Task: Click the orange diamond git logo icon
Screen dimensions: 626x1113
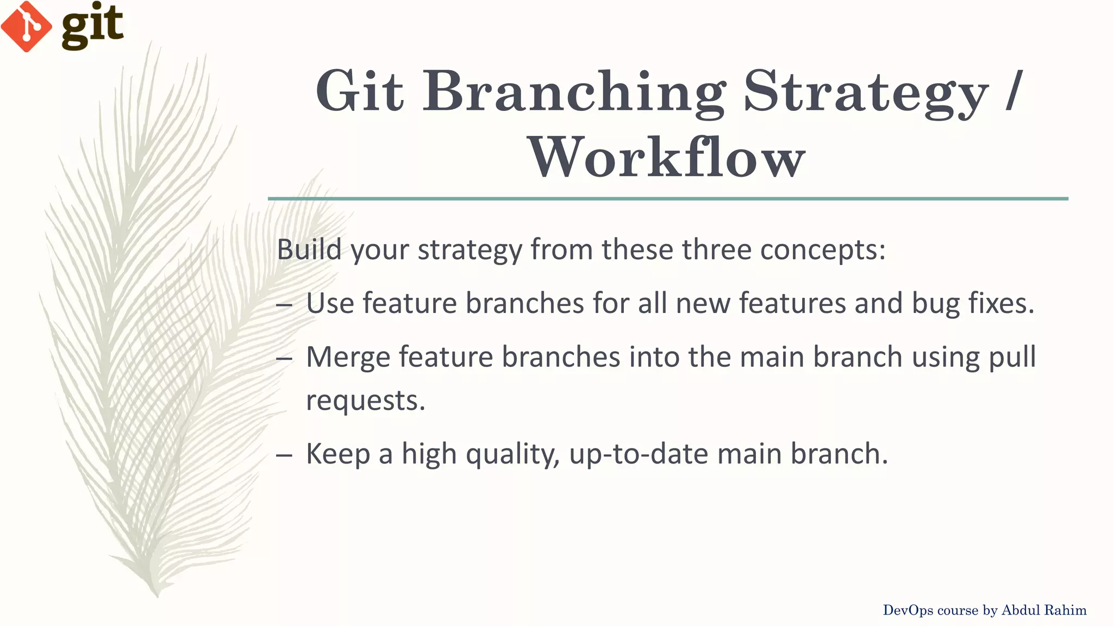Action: pyautogui.click(x=26, y=26)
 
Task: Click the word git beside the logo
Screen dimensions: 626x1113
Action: pyautogui.click(x=92, y=26)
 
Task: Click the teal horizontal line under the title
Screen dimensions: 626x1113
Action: pyautogui.click(x=667, y=199)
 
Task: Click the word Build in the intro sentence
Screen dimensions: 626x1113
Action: pyautogui.click(x=309, y=249)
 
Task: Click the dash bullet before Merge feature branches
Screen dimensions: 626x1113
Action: pyautogui.click(x=284, y=359)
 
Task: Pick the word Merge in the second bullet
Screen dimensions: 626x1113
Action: pyautogui.click(x=348, y=357)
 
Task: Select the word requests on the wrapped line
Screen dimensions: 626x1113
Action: pyautogui.click(x=365, y=401)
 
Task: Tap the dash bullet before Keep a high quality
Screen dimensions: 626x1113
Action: pyautogui.click(x=284, y=455)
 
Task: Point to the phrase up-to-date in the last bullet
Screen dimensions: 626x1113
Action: pyautogui.click(x=639, y=454)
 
